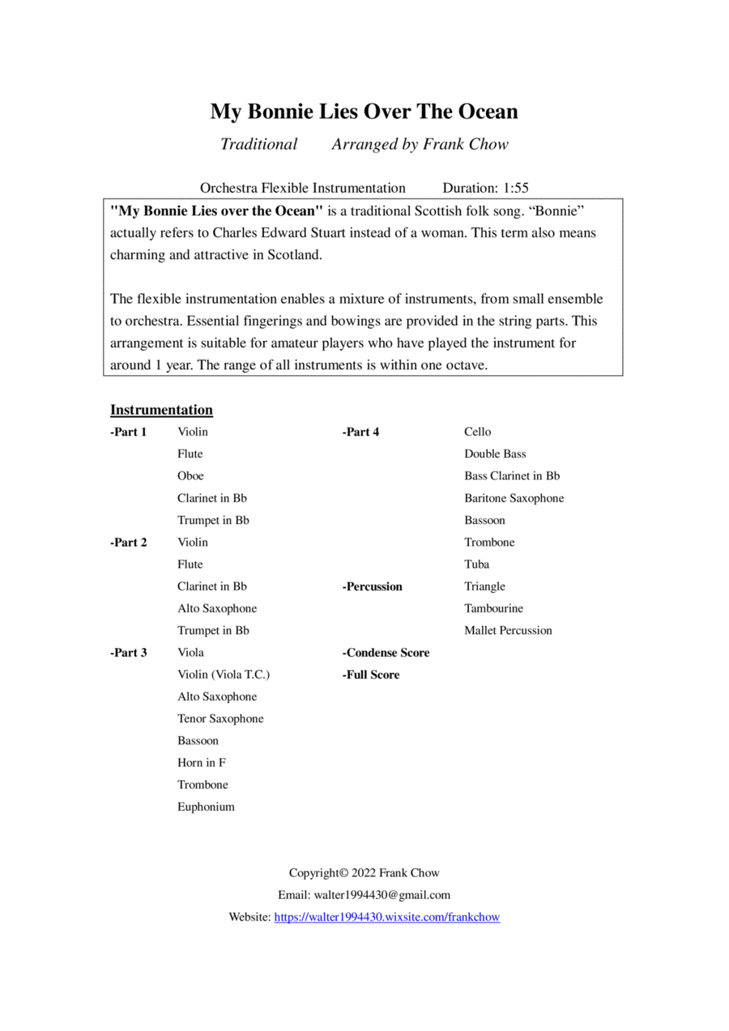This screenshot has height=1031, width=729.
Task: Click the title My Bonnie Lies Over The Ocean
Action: [x=364, y=111]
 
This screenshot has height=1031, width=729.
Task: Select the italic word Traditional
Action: [x=259, y=144]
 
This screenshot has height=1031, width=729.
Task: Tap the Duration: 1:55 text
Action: [x=485, y=188]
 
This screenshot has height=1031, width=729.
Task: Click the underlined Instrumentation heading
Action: [x=161, y=410]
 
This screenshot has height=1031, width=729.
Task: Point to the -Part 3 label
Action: [x=129, y=653]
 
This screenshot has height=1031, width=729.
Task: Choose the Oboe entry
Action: [x=190, y=476]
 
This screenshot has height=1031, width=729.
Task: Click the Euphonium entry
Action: [x=206, y=807]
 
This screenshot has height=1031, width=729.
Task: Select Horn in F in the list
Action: [x=202, y=763]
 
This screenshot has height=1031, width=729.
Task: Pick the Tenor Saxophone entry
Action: [x=220, y=718]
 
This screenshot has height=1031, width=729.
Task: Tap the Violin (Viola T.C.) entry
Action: [x=224, y=675]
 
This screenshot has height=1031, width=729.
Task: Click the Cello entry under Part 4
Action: [x=477, y=432]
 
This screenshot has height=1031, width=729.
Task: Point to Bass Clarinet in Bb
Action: [x=512, y=476]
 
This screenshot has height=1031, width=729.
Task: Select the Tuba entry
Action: [x=476, y=564]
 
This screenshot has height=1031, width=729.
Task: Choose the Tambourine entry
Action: [x=493, y=608]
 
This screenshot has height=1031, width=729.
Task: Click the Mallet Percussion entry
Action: [x=508, y=630]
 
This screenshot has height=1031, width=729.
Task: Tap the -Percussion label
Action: [x=372, y=586]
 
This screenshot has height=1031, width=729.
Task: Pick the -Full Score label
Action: [x=370, y=675]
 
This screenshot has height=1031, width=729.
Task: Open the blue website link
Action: [x=387, y=918]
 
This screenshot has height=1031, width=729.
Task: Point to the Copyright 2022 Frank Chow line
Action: [x=364, y=873]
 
